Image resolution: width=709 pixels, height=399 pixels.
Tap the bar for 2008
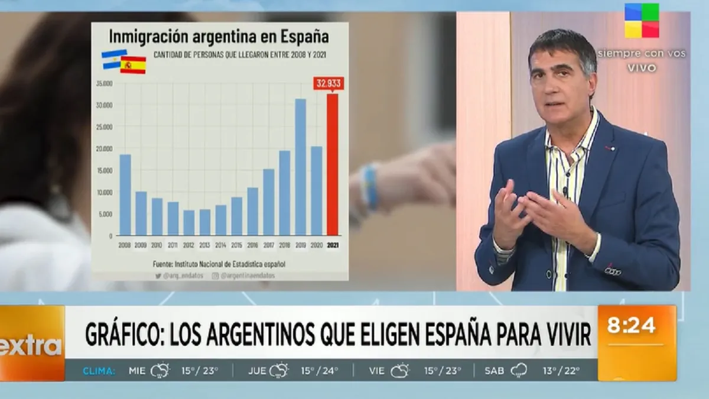[125, 194]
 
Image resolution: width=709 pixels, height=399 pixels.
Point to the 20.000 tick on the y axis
[104, 148]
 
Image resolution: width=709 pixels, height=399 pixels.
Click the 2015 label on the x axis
[236, 244]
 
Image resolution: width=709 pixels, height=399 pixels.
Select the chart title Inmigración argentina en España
[219, 37]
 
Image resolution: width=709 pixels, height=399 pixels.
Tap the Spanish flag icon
[134, 64]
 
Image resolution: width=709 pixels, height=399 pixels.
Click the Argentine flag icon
[113, 59]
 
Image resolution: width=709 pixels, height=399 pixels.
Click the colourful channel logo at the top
[642, 21]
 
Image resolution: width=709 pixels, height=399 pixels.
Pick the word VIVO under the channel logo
[642, 68]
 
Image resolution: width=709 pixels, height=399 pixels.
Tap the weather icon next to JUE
[279, 371]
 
